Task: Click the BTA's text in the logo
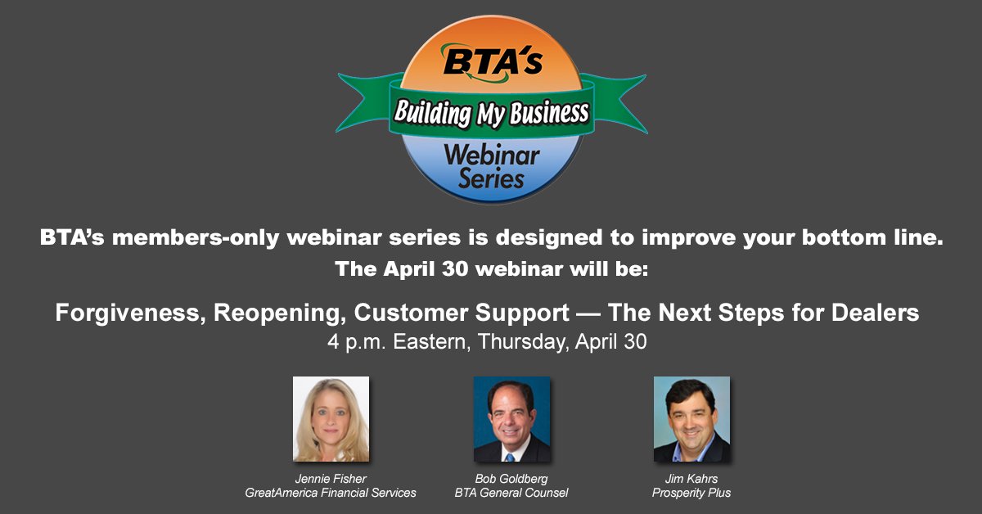click(492, 62)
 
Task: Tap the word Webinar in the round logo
click(491, 153)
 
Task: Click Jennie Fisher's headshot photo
click(331, 419)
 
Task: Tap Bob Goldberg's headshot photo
click(511, 419)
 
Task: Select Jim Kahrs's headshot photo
click(691, 419)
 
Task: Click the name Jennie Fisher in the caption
click(331, 477)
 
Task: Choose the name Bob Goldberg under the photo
click(511, 477)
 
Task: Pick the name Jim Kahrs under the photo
click(691, 477)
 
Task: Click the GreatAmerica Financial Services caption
click(331, 493)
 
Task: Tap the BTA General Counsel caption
click(511, 493)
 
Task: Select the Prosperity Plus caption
click(691, 493)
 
